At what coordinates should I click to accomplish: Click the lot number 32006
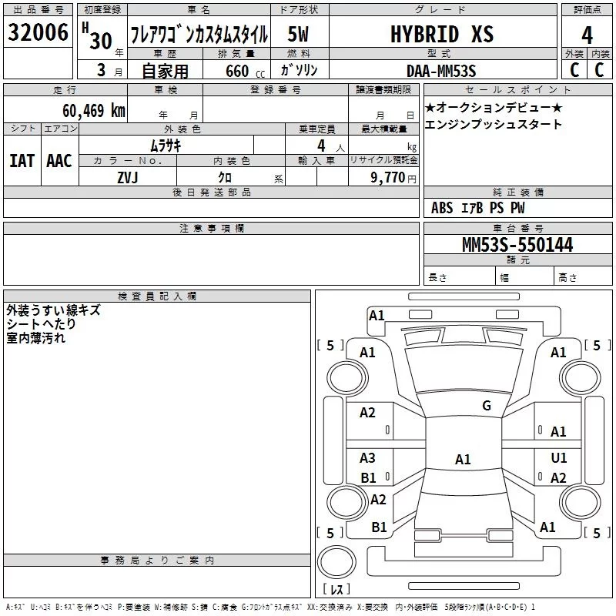pos(38,32)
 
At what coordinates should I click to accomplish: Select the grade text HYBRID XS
pos(442,34)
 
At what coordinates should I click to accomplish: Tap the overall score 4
pos(587,35)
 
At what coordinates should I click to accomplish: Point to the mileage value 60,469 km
pos(94,111)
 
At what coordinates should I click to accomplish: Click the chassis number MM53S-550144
pos(517,245)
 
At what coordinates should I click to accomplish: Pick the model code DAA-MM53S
pos(441,71)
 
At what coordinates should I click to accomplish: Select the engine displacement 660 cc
pos(245,71)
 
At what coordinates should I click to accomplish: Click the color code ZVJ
pos(128,178)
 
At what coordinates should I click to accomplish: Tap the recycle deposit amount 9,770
pos(387,178)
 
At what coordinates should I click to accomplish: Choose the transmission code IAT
pos(22,161)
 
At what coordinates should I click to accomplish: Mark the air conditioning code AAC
pos(59,161)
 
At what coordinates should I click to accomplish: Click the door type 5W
pos(298,34)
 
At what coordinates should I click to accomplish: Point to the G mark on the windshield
pos(487,406)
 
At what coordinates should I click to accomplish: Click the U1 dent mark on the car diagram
pos(559,457)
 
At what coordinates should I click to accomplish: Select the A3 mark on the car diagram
pos(367,457)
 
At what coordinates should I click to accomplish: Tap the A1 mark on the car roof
pos(463,459)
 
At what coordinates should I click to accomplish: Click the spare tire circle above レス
pos(336,562)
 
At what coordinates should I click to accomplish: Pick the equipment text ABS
pos(442,208)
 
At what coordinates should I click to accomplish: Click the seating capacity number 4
pos(321,146)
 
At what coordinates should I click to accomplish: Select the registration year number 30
pos(101,41)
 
